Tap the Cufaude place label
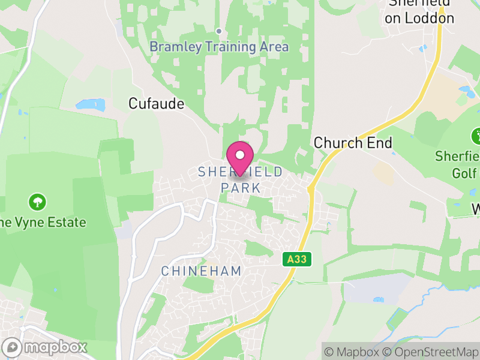point(156,104)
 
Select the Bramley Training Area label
point(219,47)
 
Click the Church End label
point(353,143)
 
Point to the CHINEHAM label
point(201,271)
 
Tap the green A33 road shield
point(292,259)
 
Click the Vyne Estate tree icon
point(38,201)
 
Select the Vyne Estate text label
point(43,223)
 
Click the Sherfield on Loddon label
point(419,12)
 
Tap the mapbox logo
point(45,347)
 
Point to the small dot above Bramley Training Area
point(219,31)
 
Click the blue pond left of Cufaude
point(91,105)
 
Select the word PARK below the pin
point(241,188)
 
